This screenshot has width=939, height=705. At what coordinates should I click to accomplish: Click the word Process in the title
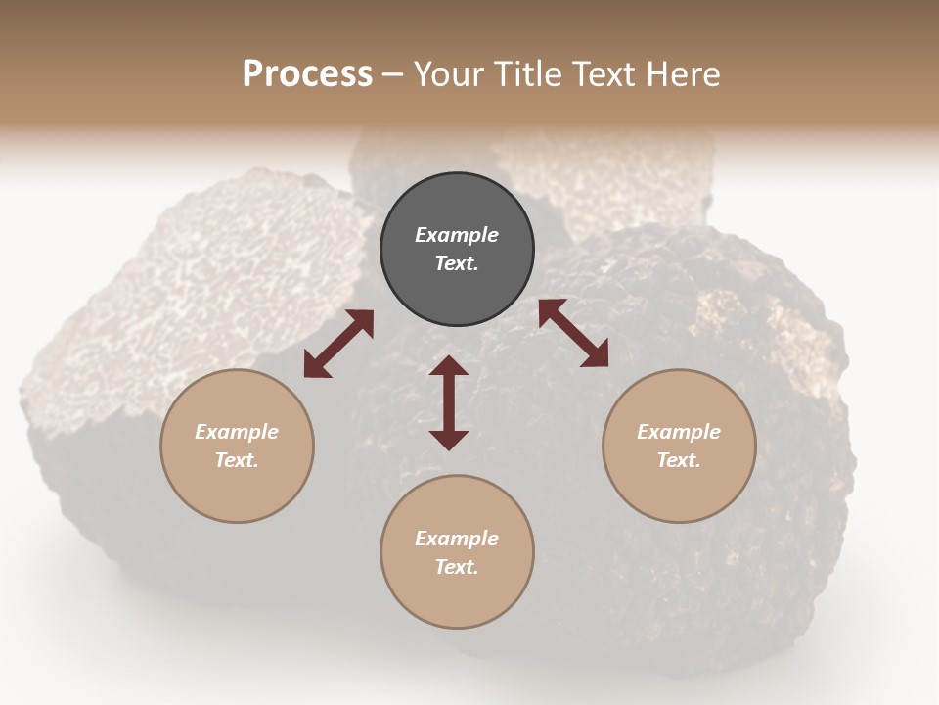click(307, 74)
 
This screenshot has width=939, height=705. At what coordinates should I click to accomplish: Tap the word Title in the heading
click(524, 74)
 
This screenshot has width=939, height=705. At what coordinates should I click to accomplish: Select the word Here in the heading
click(682, 74)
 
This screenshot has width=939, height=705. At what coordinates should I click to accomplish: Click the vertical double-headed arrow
click(449, 402)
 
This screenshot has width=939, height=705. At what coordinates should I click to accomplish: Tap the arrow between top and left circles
click(338, 344)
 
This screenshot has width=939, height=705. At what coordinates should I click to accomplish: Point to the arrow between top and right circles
click(573, 333)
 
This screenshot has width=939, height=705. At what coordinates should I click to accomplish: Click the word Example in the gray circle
click(457, 235)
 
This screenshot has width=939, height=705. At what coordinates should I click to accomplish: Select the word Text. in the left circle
click(237, 460)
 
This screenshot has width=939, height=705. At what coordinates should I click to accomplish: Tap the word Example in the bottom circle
click(457, 539)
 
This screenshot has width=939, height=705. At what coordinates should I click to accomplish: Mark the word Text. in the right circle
click(679, 460)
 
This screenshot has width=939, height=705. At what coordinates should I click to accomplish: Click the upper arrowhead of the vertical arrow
click(449, 366)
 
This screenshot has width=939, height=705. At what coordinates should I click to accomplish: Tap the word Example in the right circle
click(679, 432)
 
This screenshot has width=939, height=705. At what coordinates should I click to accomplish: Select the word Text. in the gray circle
click(457, 263)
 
